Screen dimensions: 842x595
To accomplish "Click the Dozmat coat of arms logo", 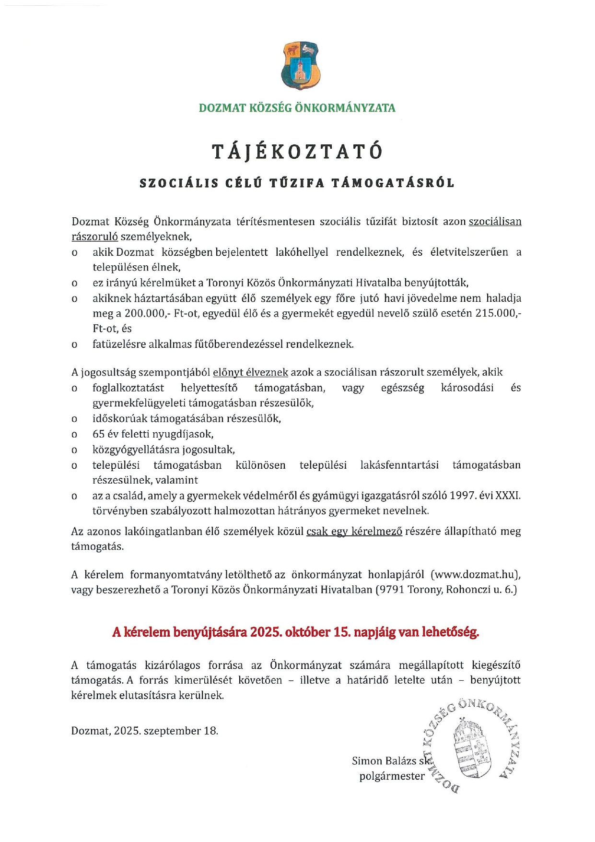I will [x=300, y=65].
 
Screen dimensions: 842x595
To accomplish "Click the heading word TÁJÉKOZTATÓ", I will [x=298, y=152].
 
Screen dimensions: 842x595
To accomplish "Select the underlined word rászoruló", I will [x=94, y=237].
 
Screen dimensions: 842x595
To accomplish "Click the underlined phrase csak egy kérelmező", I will [x=354, y=532].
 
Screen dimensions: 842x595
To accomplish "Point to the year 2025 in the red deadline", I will [x=263, y=632].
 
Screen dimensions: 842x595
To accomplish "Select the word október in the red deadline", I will [x=307, y=632].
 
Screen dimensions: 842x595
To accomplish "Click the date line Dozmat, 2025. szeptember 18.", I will [x=144, y=731].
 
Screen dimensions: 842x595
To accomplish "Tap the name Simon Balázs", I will [x=384, y=761].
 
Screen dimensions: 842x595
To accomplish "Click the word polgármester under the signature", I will [x=392, y=776].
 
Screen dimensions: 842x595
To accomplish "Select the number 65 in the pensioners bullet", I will [x=98, y=434].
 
